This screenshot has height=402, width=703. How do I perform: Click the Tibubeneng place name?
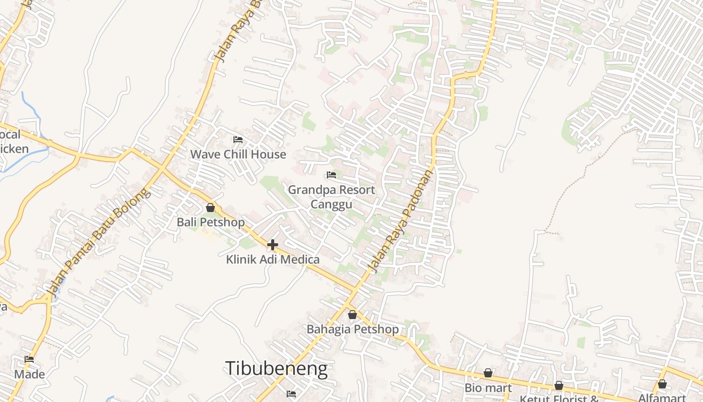click(276, 369)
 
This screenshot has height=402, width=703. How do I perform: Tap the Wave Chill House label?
click(238, 154)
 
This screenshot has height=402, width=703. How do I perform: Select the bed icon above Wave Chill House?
click(238, 140)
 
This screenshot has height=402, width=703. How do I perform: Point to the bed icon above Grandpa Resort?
click(331, 175)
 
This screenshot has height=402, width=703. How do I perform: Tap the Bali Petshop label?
click(211, 222)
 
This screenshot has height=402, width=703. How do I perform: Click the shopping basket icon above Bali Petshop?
click(210, 208)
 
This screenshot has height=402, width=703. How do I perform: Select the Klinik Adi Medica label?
click(273, 259)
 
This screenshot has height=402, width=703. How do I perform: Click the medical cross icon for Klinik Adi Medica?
click(273, 245)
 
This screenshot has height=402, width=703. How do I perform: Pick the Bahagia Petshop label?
click(353, 329)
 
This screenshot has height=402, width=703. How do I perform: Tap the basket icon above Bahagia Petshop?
click(353, 315)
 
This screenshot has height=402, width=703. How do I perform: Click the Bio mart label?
click(488, 387)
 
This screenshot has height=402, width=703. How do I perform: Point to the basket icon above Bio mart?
click(488, 373)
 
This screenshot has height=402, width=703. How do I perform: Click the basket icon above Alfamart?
click(662, 384)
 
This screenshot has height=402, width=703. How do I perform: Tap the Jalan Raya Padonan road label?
click(400, 222)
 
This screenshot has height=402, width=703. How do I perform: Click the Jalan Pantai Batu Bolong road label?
click(98, 242)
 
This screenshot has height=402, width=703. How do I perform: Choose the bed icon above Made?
click(29, 359)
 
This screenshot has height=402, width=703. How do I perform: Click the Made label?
click(29, 374)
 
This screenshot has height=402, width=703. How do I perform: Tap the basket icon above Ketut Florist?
click(559, 385)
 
